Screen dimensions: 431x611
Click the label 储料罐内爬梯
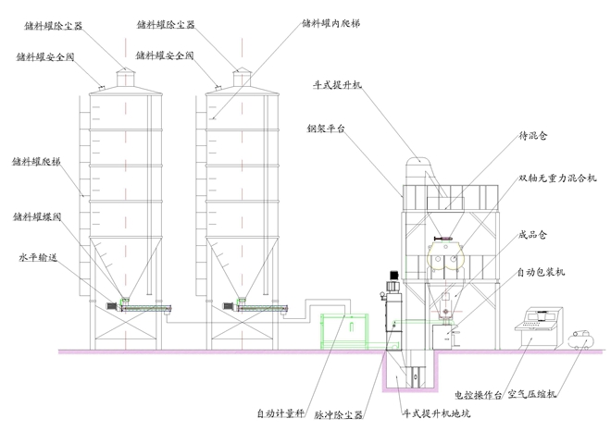(x=331, y=23)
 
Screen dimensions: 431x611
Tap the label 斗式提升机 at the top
(x=338, y=84)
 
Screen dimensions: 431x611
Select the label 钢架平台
(x=326, y=129)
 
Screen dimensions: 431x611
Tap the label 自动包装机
(x=542, y=272)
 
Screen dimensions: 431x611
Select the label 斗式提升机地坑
(x=434, y=413)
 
